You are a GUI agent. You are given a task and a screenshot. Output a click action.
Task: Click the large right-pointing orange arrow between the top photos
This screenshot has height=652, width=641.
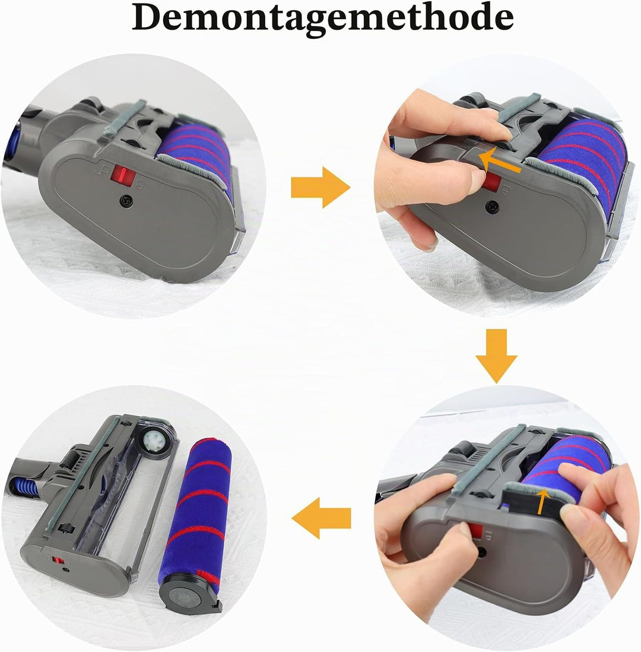coord(320,187)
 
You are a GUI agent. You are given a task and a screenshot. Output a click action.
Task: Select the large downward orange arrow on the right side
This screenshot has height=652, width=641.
coord(496,356)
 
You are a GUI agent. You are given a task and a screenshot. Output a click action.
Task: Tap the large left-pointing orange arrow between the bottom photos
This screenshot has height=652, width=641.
coord(321,518)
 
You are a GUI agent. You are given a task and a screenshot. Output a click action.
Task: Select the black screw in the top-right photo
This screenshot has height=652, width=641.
coord(493,205)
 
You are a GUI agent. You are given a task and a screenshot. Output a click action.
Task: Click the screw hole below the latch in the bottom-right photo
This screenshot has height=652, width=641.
coord(481,552)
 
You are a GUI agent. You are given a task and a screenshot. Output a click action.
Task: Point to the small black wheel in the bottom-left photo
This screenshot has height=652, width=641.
coord(65,528)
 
